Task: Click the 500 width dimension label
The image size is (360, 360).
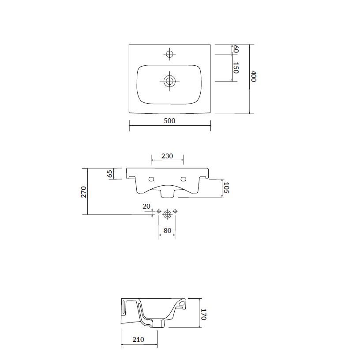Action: point(169,121)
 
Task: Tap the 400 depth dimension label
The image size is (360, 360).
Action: point(254,76)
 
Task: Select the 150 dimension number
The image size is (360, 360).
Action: point(236,68)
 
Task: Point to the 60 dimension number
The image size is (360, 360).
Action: point(236,49)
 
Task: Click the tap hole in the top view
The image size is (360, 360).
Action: point(169,54)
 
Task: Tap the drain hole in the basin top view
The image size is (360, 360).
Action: point(169,81)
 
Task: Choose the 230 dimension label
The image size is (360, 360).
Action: point(167,156)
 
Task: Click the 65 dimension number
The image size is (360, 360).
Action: point(110,173)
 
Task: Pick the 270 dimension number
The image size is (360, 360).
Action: point(83,192)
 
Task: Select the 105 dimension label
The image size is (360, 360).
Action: point(226,187)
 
